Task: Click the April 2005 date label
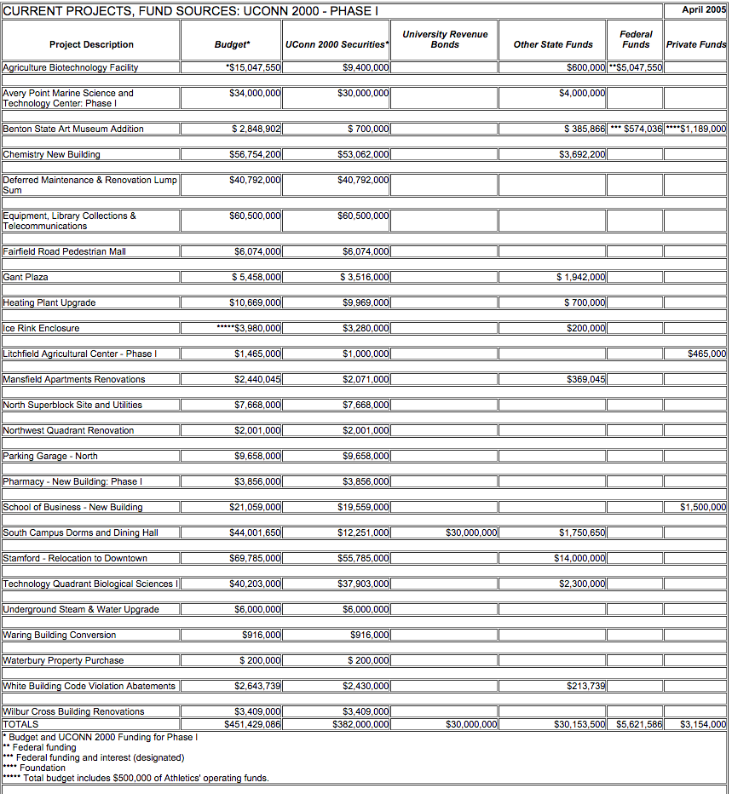coord(704,9)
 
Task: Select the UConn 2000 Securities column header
coord(337,44)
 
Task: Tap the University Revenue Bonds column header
coord(445,39)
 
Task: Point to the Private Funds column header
coord(696,44)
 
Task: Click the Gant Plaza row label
coord(26,277)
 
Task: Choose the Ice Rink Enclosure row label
coord(41,328)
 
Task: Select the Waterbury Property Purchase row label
coord(63,660)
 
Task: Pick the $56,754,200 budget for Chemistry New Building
coord(256,154)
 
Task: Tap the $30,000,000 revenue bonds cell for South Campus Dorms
coord(471,532)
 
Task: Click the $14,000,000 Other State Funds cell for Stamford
coord(580,558)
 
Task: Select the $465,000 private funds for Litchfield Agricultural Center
coord(706,354)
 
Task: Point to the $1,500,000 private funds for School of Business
coord(703,507)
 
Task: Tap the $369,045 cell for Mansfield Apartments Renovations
coord(586,379)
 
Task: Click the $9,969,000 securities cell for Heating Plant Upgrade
coord(366,302)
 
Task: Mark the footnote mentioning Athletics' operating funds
coord(136,778)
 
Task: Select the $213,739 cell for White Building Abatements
coord(586,686)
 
